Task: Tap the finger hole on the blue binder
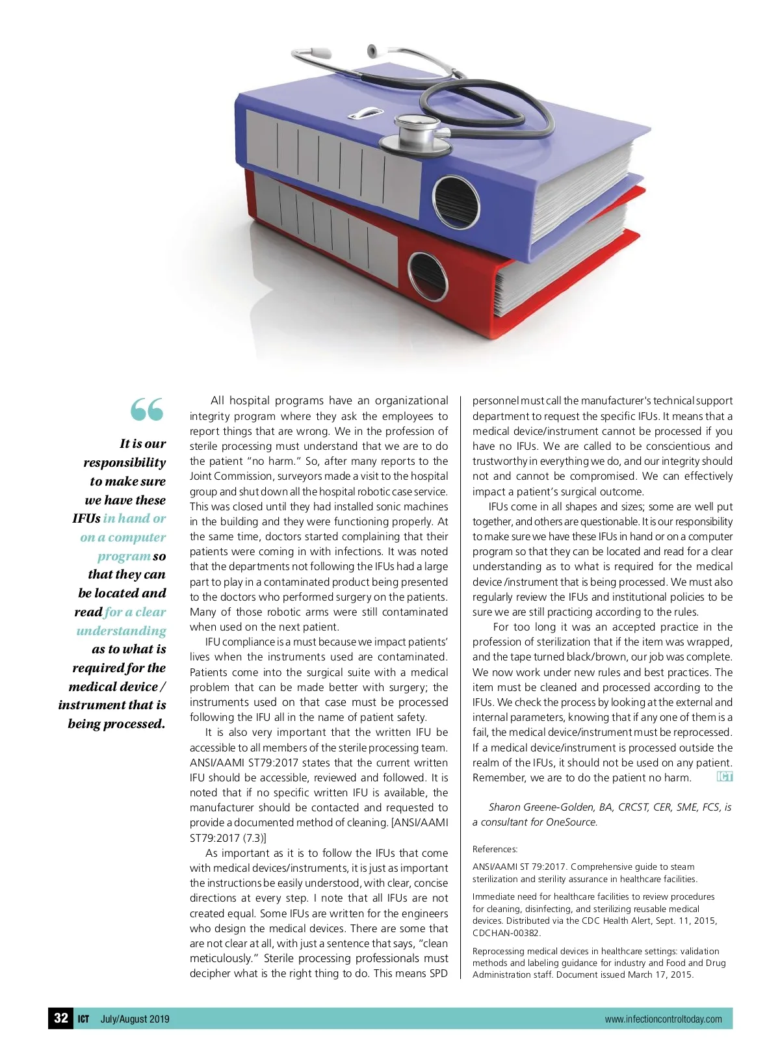(x=455, y=202)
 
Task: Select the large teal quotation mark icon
(x=147, y=410)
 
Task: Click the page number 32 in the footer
(x=61, y=1018)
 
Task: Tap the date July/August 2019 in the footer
(x=135, y=1019)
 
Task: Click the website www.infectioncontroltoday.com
(x=663, y=1019)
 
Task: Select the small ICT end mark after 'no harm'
(x=724, y=777)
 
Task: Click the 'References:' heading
(x=495, y=849)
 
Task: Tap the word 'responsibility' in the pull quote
(x=125, y=463)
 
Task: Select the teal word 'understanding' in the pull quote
(x=122, y=631)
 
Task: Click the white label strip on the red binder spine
(x=325, y=224)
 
